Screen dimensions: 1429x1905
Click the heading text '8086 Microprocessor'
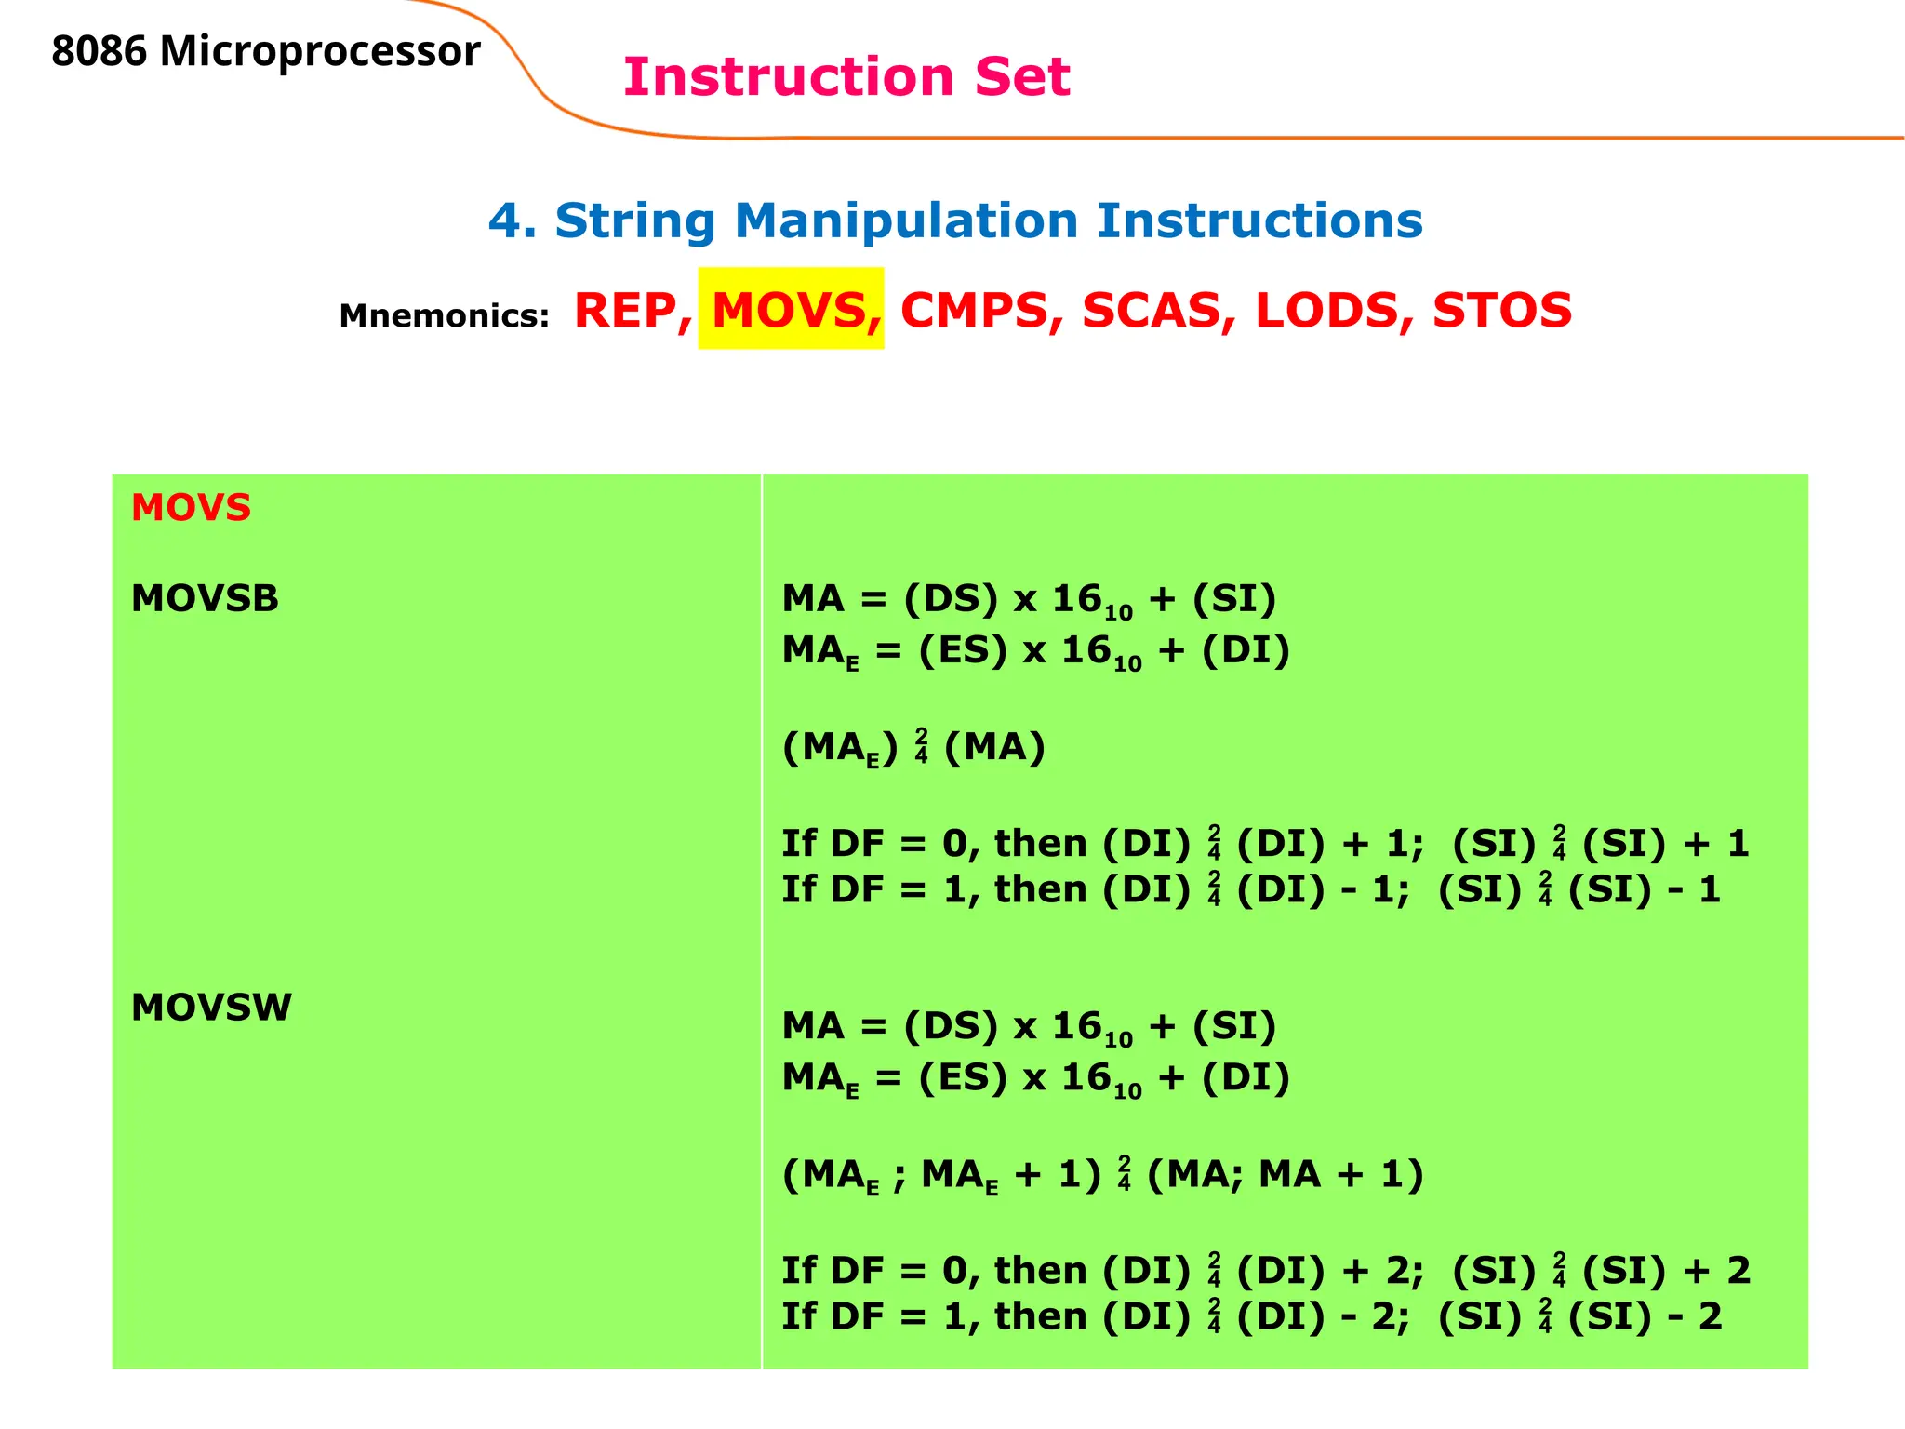pos(265,51)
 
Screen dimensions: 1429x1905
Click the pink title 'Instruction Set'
pos(846,76)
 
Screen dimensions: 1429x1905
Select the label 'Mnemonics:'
pos(444,315)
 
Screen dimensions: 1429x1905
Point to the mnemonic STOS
pos(1501,311)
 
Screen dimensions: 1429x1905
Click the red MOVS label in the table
pos(191,508)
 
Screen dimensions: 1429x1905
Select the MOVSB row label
pos(205,598)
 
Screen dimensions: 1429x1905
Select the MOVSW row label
pos(211,1007)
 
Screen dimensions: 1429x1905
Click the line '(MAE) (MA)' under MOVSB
pos(913,747)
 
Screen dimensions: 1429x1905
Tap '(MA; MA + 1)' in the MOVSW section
pos(1285,1174)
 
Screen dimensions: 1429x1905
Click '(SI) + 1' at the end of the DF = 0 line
pos(1665,844)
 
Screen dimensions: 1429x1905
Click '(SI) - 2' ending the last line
pos(1645,1316)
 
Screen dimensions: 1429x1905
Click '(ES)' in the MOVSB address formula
pos(963,650)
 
